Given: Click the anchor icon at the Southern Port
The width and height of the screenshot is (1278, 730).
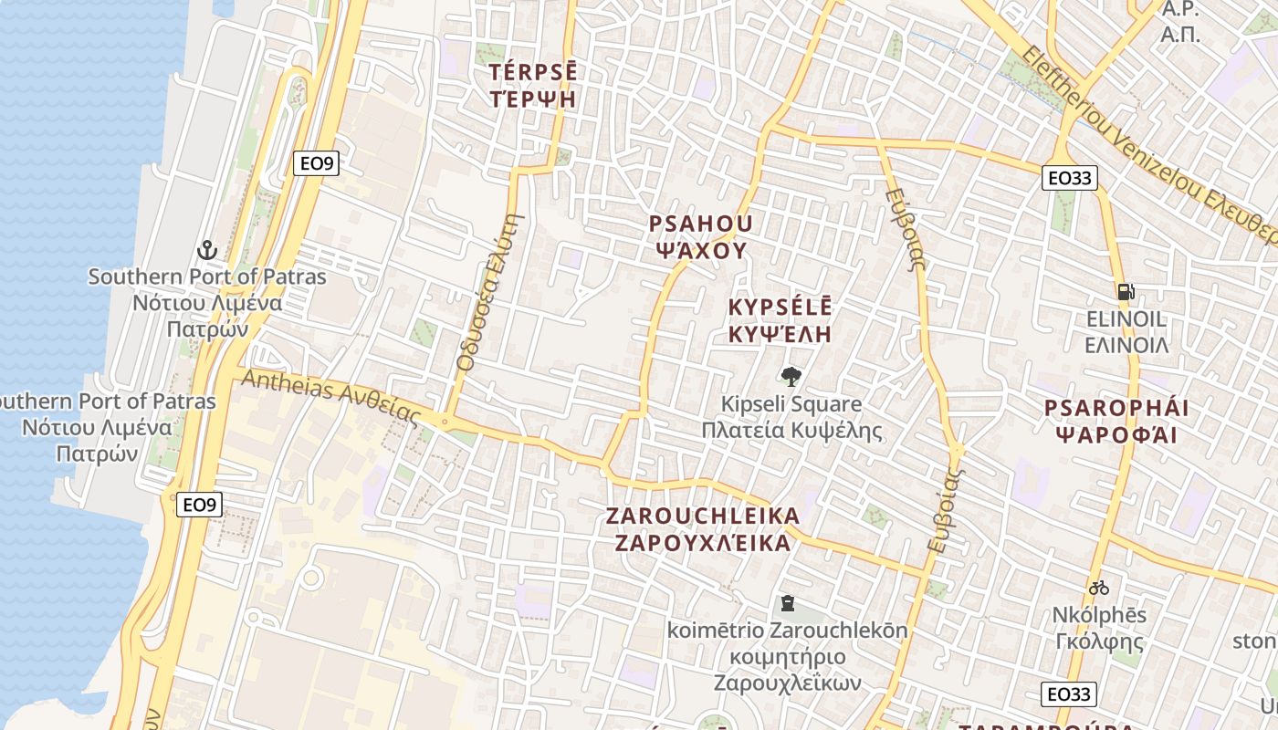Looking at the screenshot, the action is (x=207, y=249).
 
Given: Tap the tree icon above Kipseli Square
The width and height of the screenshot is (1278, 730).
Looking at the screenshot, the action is (x=791, y=375).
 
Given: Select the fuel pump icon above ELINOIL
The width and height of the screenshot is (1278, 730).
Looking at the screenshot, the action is (x=1126, y=292).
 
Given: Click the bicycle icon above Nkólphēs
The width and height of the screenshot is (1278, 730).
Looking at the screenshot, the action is (x=1098, y=587).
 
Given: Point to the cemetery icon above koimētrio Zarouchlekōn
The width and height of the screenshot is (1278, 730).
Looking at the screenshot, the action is (x=787, y=603).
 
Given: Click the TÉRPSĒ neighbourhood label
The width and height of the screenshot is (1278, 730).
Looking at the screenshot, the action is (x=533, y=73).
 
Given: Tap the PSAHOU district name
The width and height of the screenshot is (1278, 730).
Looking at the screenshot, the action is (x=700, y=224).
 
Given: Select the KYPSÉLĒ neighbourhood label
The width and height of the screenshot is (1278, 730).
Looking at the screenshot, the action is (x=780, y=307).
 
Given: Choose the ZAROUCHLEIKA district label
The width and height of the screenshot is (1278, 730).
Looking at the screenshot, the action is (x=702, y=516).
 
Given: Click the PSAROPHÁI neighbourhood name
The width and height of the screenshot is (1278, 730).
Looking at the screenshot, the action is (x=1116, y=408).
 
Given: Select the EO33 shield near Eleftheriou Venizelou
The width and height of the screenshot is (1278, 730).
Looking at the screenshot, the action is (x=1070, y=178).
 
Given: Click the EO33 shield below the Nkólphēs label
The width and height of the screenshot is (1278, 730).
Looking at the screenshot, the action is (x=1069, y=694).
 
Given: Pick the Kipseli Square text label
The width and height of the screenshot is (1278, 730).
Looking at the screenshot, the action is (x=791, y=403).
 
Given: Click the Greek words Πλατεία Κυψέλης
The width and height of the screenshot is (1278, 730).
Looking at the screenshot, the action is (x=791, y=430).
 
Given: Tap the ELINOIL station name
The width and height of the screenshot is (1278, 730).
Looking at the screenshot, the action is (x=1126, y=319).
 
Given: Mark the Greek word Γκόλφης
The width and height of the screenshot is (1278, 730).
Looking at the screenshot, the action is (x=1099, y=641).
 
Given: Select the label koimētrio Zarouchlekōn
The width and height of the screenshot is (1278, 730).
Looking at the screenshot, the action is (x=787, y=631).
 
